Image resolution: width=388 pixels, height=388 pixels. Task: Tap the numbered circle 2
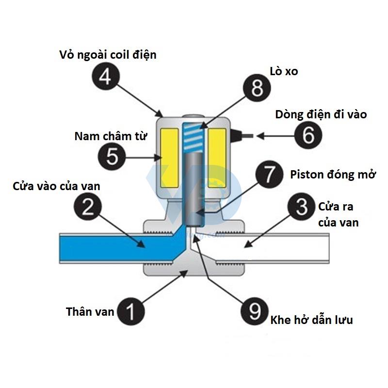tap(88, 207)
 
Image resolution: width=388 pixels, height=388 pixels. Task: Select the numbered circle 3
tap(301, 207)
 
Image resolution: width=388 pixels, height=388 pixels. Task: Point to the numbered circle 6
tap(308, 136)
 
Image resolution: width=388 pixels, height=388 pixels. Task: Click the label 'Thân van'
tap(90, 311)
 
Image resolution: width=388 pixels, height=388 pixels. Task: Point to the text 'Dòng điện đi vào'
tap(321, 115)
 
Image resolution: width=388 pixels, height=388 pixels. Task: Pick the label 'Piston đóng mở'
tap(332, 175)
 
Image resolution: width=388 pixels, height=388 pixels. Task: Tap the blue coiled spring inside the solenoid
tap(194, 138)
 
